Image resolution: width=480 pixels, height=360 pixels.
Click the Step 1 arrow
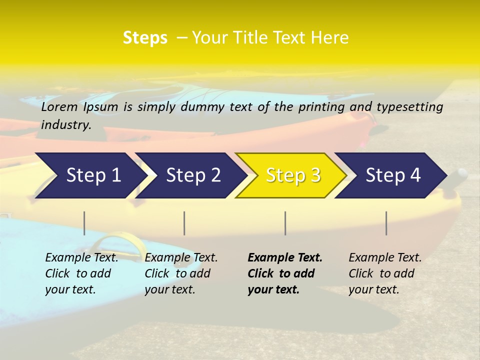(90, 175)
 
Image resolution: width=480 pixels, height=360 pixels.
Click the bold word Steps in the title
(145, 37)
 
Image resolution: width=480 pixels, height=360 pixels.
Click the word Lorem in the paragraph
(59, 107)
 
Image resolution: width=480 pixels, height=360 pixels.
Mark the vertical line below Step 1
(84, 223)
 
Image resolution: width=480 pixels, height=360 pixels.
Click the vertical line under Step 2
(184, 223)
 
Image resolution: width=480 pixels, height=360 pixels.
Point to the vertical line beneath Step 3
(285, 223)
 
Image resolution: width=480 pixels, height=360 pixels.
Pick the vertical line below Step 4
(386, 223)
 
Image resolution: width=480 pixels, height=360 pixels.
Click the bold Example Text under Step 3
(285, 258)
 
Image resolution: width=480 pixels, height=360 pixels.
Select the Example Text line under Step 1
(81, 258)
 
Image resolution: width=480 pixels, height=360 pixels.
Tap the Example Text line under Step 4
(385, 258)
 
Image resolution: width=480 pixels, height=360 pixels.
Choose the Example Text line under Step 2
(181, 258)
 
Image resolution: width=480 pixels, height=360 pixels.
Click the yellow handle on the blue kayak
(116, 239)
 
